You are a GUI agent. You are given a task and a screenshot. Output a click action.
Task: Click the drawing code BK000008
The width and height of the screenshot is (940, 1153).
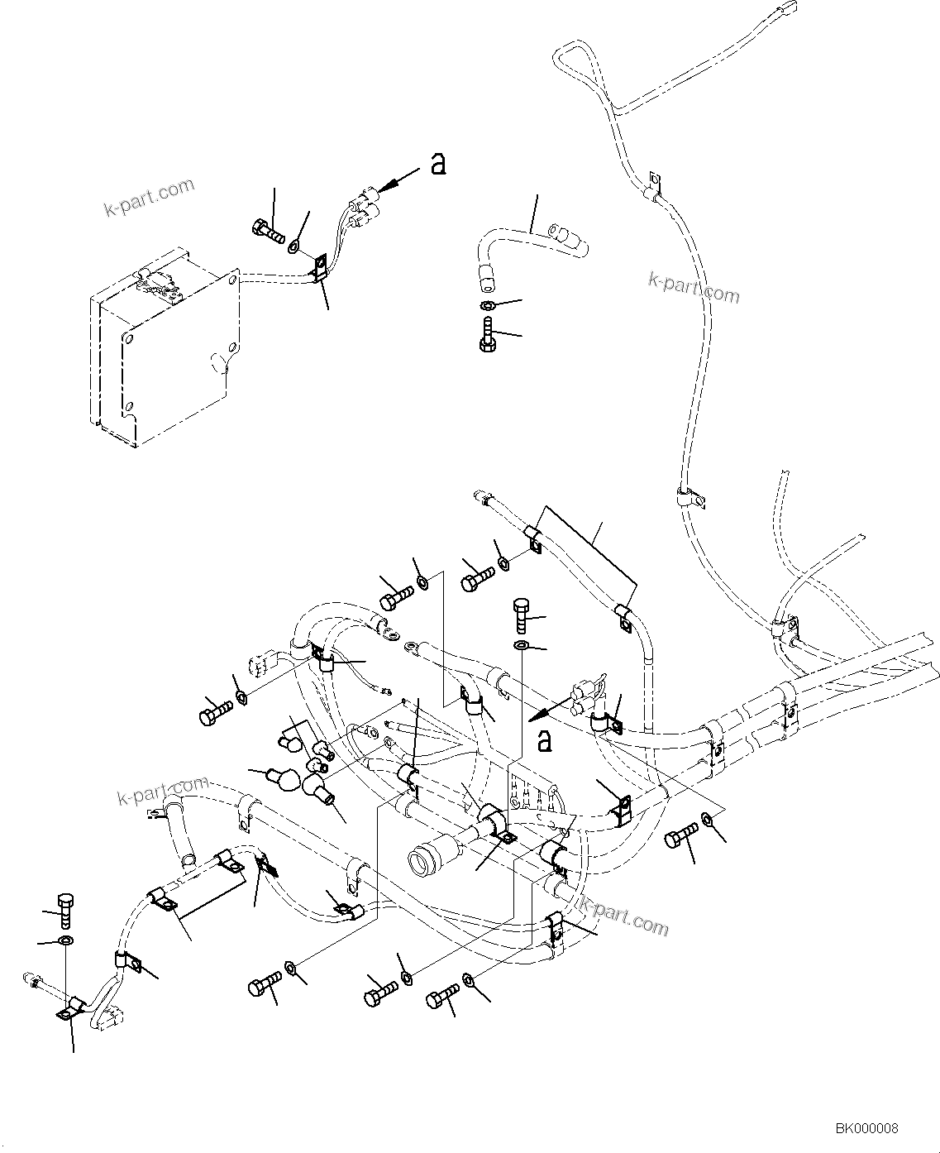866,1128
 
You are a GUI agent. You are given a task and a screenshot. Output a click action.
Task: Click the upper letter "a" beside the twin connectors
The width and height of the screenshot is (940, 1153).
438,164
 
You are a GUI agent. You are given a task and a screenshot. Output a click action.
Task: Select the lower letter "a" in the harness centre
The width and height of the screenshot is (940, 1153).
544,739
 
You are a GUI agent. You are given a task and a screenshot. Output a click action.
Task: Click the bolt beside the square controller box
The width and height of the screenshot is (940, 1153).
265,227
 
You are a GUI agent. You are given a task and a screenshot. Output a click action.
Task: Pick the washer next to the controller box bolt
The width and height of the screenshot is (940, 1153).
294,246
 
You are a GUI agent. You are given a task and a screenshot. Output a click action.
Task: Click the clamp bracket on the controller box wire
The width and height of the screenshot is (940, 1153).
318,267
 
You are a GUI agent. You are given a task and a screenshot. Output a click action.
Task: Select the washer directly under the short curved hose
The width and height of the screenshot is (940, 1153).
488,307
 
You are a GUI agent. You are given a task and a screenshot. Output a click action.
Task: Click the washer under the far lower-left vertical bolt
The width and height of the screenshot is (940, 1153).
64,941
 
